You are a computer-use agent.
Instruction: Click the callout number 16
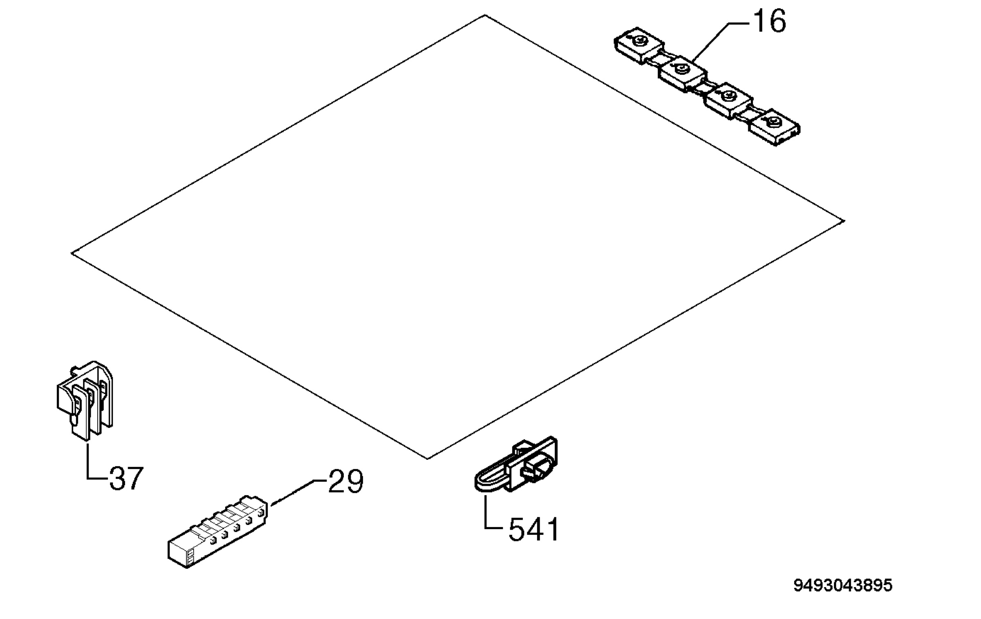769,21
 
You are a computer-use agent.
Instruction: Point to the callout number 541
533,530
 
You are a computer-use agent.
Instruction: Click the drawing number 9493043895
843,585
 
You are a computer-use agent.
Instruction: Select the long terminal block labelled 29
217,532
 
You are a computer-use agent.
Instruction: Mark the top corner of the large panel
485,15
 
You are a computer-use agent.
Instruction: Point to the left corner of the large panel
72,253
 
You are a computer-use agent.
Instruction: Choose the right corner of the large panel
844,221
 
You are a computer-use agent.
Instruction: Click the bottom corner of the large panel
427,459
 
